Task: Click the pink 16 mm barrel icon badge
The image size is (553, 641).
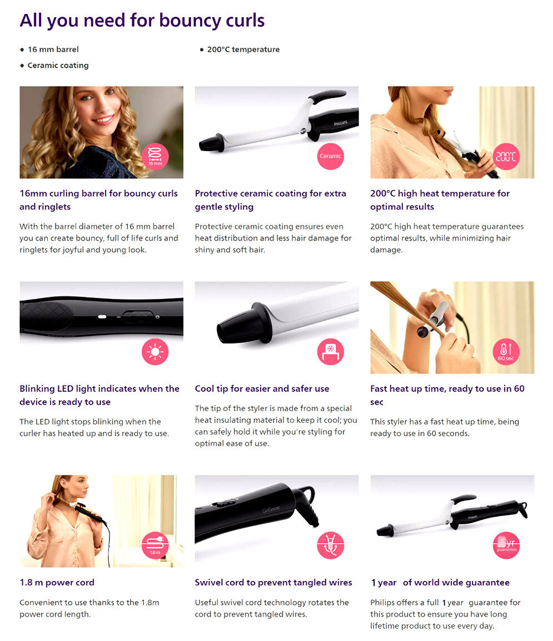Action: (x=155, y=157)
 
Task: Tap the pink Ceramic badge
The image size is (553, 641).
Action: (x=331, y=157)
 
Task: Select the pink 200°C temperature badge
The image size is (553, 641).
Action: (x=506, y=157)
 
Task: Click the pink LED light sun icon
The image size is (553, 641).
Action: (x=155, y=352)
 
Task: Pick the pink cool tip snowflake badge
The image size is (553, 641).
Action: (x=331, y=352)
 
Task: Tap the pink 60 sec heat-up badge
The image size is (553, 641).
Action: (x=506, y=352)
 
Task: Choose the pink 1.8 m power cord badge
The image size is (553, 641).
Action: (x=155, y=545)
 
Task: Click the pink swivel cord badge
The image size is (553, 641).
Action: (x=331, y=545)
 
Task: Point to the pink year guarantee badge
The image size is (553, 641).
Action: (x=506, y=545)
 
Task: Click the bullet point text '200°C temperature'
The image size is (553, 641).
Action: (x=243, y=49)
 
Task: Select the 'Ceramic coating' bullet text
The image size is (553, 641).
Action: (x=58, y=66)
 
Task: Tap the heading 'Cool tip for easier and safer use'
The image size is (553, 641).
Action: (x=262, y=389)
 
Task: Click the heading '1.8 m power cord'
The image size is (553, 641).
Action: (x=57, y=583)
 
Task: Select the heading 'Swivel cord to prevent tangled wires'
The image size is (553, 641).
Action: (x=273, y=583)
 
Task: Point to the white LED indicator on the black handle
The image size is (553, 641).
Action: (x=102, y=317)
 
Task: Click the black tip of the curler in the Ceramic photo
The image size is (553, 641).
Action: (x=211, y=143)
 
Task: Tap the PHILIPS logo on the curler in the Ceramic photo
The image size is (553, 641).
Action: (x=340, y=123)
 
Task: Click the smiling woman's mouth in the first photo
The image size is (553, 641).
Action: (x=103, y=120)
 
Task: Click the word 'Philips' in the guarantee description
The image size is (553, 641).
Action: (x=383, y=603)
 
